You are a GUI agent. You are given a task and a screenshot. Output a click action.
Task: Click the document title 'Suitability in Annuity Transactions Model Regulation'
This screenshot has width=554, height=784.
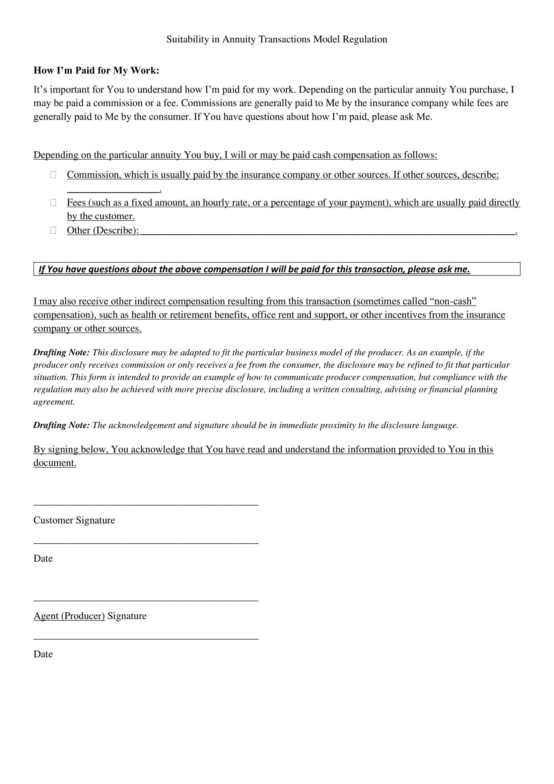pos(277,40)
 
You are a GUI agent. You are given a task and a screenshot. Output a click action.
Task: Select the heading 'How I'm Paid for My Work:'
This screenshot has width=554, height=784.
pos(96,70)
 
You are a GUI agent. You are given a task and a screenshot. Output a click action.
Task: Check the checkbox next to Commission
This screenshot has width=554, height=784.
pos(53,175)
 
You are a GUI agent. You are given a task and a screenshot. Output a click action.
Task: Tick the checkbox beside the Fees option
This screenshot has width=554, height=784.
pos(53,202)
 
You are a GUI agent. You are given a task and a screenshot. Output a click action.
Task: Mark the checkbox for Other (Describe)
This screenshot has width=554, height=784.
pos(53,231)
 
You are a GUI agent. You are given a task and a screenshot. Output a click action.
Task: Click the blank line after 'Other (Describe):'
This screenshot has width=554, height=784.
pos(328,232)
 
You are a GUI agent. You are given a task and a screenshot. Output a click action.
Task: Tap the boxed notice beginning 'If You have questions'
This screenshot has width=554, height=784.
pos(277,269)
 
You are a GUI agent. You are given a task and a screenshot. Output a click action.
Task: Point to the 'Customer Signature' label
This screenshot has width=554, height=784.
pos(74,520)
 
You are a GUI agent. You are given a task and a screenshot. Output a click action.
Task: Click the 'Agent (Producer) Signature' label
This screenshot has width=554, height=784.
pos(90,616)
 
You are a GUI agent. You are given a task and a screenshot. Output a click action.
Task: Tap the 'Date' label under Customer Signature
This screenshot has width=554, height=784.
pos(43,558)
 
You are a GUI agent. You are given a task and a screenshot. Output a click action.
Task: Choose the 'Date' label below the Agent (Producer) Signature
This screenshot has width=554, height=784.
pos(43,654)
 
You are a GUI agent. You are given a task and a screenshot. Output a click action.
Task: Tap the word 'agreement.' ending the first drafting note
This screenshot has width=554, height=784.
pos(54,402)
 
